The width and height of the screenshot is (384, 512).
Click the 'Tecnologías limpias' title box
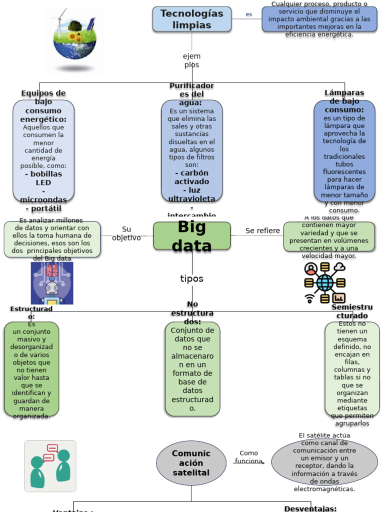pos(191,19)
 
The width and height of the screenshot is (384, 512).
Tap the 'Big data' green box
pos(191,236)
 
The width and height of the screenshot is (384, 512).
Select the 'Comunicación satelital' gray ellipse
pos(191,463)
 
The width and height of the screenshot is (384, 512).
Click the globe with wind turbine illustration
pos(74,40)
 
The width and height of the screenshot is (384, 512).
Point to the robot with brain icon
pos(52,283)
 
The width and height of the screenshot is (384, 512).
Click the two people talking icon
pos(50,466)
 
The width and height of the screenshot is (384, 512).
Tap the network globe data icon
pos(325,283)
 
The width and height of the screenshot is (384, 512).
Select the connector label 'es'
pos(248,14)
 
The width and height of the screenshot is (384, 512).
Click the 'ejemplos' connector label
pos(191,60)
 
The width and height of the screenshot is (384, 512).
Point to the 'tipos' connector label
pos(191,278)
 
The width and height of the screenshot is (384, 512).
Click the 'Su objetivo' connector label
pos(126,233)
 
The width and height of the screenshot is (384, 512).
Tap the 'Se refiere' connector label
pos(262,230)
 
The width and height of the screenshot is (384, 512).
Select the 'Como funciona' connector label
pos(248,457)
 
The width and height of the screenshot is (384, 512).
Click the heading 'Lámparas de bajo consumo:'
pos(344,101)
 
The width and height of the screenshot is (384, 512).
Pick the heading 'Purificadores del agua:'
pos(191,94)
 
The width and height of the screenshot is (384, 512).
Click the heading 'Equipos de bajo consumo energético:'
pos(43,106)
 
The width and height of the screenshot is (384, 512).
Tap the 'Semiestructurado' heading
pos(352,311)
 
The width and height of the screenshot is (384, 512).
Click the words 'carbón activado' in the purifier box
pos(191,177)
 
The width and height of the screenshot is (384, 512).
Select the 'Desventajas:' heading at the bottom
pos(310,508)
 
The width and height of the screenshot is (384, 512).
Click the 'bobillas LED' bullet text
pos(43,178)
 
